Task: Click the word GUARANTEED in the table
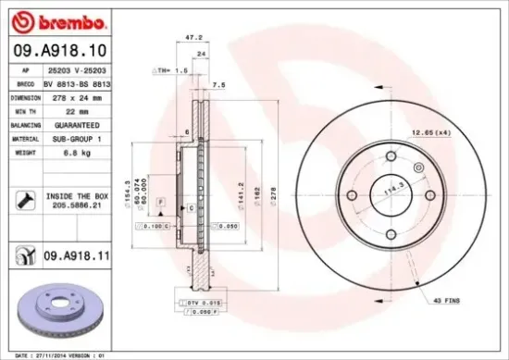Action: coord(77,124)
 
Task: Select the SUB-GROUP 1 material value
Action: coord(77,138)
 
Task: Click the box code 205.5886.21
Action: coord(77,209)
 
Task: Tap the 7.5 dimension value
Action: coord(219,84)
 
